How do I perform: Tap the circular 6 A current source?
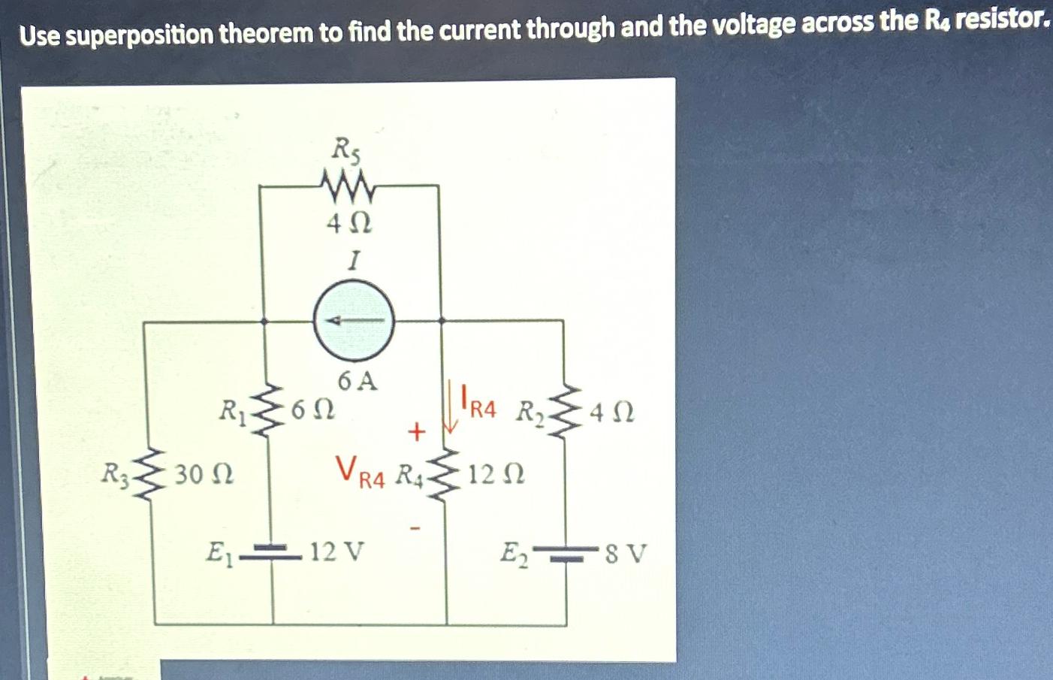tap(353, 321)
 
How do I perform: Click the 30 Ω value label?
tap(204, 475)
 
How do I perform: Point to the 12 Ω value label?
tap(496, 475)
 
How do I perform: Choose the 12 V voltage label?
tap(336, 552)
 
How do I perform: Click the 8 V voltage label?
tap(625, 554)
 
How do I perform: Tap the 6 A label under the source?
tap(357, 381)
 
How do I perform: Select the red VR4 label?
tap(360, 472)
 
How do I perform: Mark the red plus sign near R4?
tap(416, 431)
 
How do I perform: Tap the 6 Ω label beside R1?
tap(312, 410)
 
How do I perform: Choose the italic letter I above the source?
tap(353, 260)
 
